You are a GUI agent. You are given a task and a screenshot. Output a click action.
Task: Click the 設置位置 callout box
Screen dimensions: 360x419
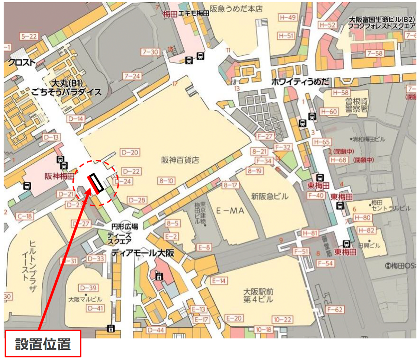(42, 344)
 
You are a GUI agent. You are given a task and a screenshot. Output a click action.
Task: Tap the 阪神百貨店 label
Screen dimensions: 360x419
(180, 160)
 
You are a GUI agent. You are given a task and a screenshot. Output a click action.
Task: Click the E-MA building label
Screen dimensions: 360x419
(229, 211)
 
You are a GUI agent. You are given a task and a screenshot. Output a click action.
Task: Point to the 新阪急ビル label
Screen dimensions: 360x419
(270, 196)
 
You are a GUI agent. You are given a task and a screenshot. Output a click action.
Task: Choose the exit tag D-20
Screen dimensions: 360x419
(130, 152)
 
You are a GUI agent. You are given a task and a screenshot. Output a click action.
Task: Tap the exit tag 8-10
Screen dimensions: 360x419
(166, 181)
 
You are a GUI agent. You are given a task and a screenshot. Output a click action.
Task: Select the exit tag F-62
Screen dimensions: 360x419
(335, 309)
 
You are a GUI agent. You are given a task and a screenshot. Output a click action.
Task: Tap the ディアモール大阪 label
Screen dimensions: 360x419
(143, 253)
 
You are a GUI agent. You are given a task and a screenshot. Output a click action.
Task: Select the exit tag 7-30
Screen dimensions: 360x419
(150, 52)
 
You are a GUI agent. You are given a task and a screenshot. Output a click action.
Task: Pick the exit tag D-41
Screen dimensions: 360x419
(95, 308)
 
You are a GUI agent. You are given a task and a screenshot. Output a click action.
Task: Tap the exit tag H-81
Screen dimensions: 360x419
(310, 233)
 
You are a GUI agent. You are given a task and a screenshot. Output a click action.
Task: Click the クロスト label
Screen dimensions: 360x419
(22, 62)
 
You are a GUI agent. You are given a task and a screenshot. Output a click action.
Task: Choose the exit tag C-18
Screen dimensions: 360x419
(24, 216)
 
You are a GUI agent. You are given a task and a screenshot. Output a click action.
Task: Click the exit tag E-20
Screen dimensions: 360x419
(234, 318)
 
